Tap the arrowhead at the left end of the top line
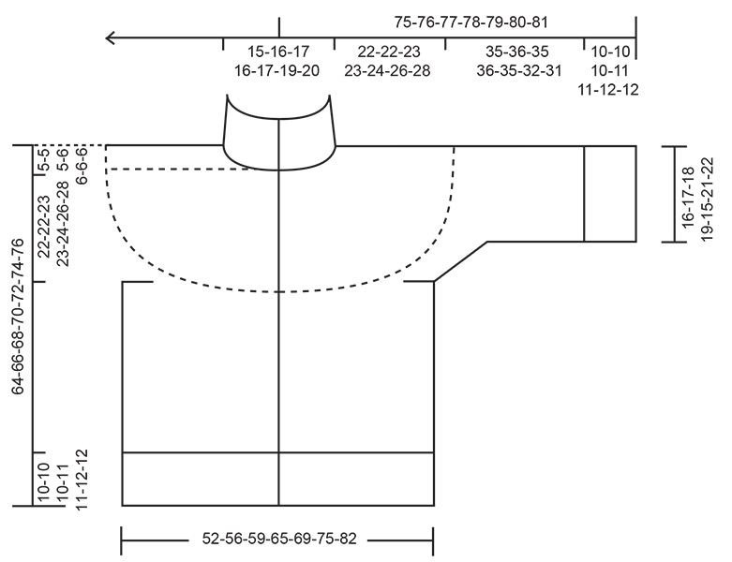pyautogui.click(x=111, y=38)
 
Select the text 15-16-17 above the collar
pyautogui.click(x=278, y=51)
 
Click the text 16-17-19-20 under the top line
pyautogui.click(x=278, y=69)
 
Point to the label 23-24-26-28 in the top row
pyautogui.click(x=387, y=69)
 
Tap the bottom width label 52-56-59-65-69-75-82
pyautogui.click(x=278, y=540)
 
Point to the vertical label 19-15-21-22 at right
pyautogui.click(x=708, y=191)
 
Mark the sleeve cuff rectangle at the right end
pyautogui.click(x=610, y=194)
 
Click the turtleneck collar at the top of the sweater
pyautogui.click(x=278, y=131)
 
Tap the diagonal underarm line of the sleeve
pyautogui.click(x=459, y=261)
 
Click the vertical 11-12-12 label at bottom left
pyautogui.click(x=82, y=477)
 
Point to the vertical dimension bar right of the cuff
pyautogui.click(x=668, y=194)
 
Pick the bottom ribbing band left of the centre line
pyautogui.click(x=201, y=479)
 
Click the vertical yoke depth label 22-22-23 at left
pyautogui.click(x=43, y=226)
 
